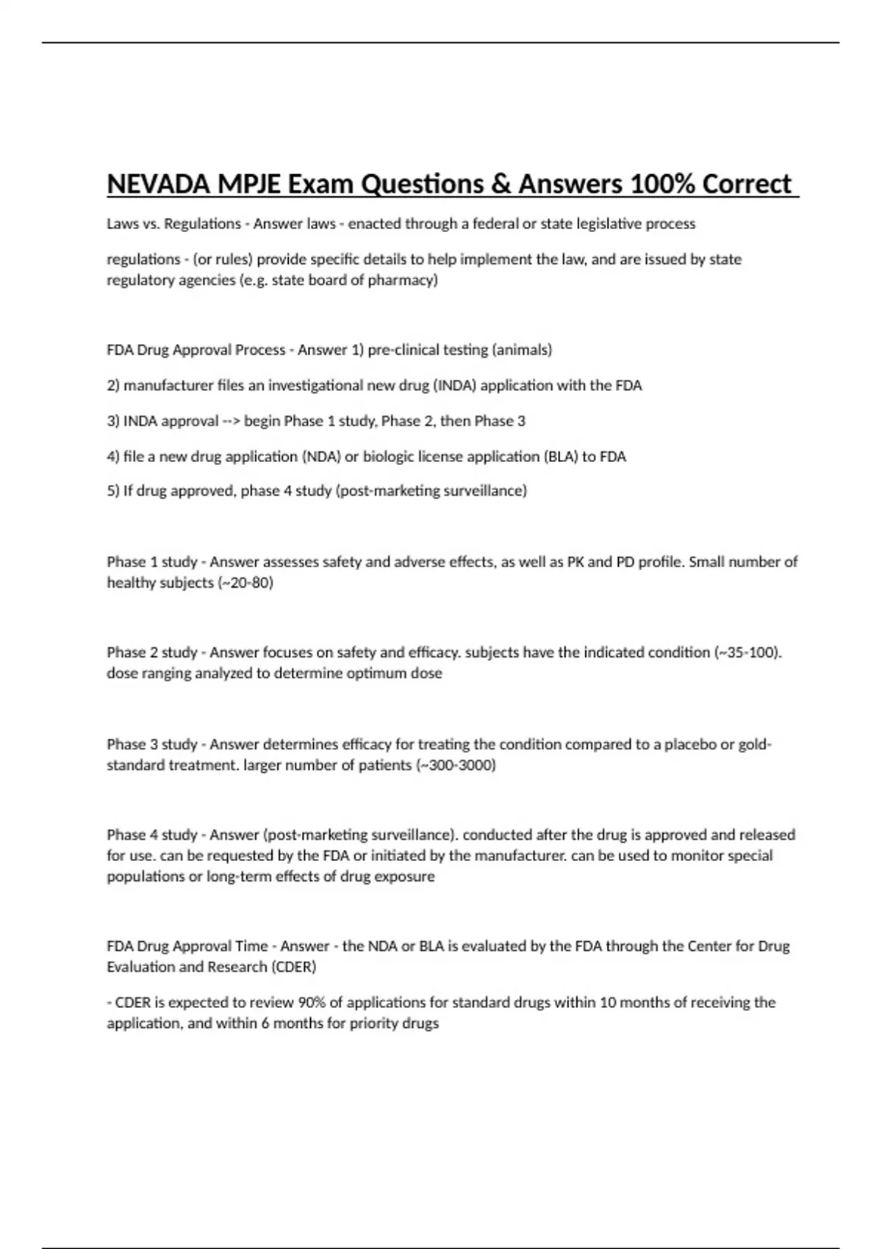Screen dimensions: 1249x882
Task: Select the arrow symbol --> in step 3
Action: (x=231, y=422)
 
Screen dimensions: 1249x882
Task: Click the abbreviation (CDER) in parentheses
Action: (x=293, y=967)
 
